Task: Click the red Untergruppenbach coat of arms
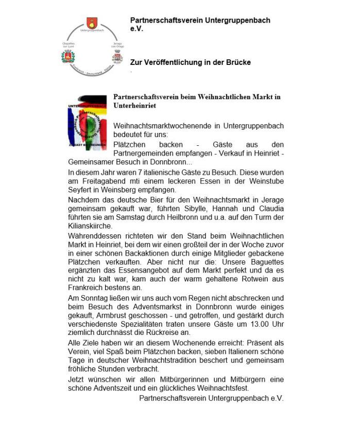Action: pyautogui.click(x=92, y=23)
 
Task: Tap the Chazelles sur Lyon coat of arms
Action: pyautogui.click(x=68, y=56)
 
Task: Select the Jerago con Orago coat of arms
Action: pyautogui.click(x=117, y=57)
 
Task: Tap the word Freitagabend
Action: pyautogui.click(x=94, y=181)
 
